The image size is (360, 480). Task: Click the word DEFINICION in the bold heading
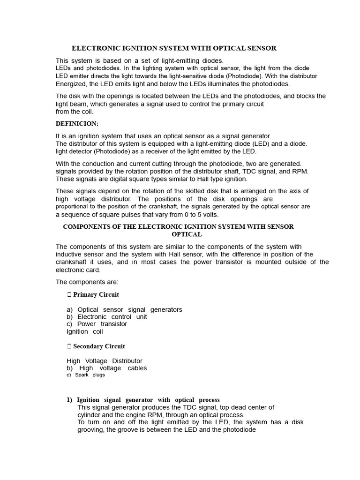(x=77, y=123)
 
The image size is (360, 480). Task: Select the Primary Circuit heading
(x=96, y=295)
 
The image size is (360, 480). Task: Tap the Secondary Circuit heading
(x=99, y=346)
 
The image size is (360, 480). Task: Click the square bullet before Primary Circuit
(x=69, y=295)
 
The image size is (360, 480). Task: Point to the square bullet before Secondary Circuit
(x=69, y=346)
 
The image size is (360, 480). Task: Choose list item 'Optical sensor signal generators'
(x=129, y=310)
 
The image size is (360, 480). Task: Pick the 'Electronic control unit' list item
(x=112, y=317)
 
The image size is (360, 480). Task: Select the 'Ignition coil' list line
(x=85, y=331)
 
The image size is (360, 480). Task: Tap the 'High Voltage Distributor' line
(x=105, y=361)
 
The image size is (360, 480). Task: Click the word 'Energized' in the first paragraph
(x=71, y=84)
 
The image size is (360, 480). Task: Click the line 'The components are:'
(x=87, y=282)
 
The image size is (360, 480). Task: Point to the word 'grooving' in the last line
(x=91, y=429)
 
